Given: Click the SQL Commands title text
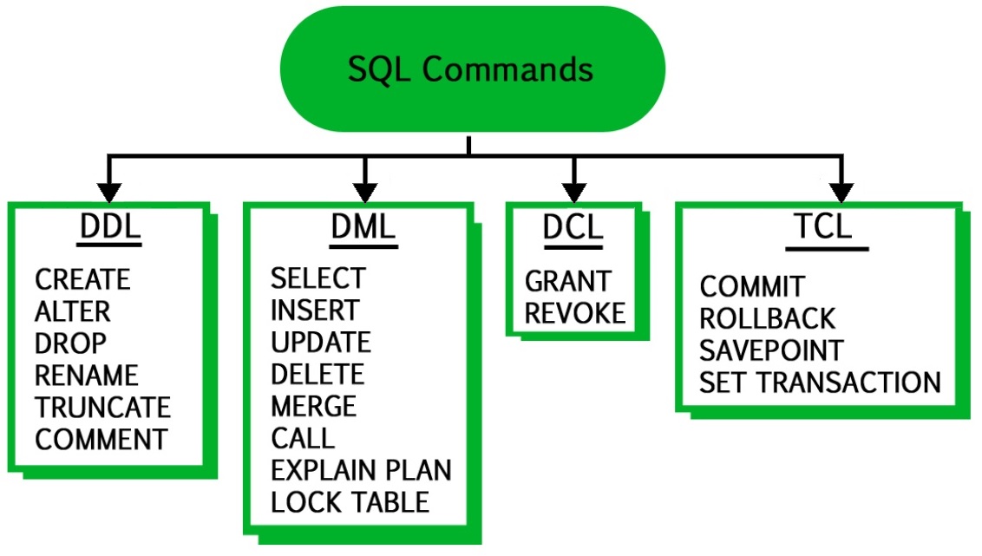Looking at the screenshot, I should [470, 69].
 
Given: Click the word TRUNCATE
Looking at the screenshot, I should [103, 407].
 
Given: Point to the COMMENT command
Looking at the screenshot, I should [101, 439].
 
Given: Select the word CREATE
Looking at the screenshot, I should [82, 280].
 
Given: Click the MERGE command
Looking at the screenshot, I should [313, 406].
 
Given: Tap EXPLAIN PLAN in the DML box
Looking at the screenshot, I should [361, 470].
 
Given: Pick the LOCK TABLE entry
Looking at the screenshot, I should [350, 502].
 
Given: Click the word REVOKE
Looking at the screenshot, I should [575, 313].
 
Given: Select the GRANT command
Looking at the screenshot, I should [568, 281].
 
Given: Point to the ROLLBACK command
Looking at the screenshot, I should [767, 318].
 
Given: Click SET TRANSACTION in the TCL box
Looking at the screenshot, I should [820, 383].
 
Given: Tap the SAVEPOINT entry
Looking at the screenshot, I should [770, 350].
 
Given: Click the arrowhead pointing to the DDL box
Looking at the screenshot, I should [108, 188].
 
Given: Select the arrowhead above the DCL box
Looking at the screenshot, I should [570, 188].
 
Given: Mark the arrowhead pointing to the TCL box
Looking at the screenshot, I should [839, 188].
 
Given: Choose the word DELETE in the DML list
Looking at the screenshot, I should [318, 374].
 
